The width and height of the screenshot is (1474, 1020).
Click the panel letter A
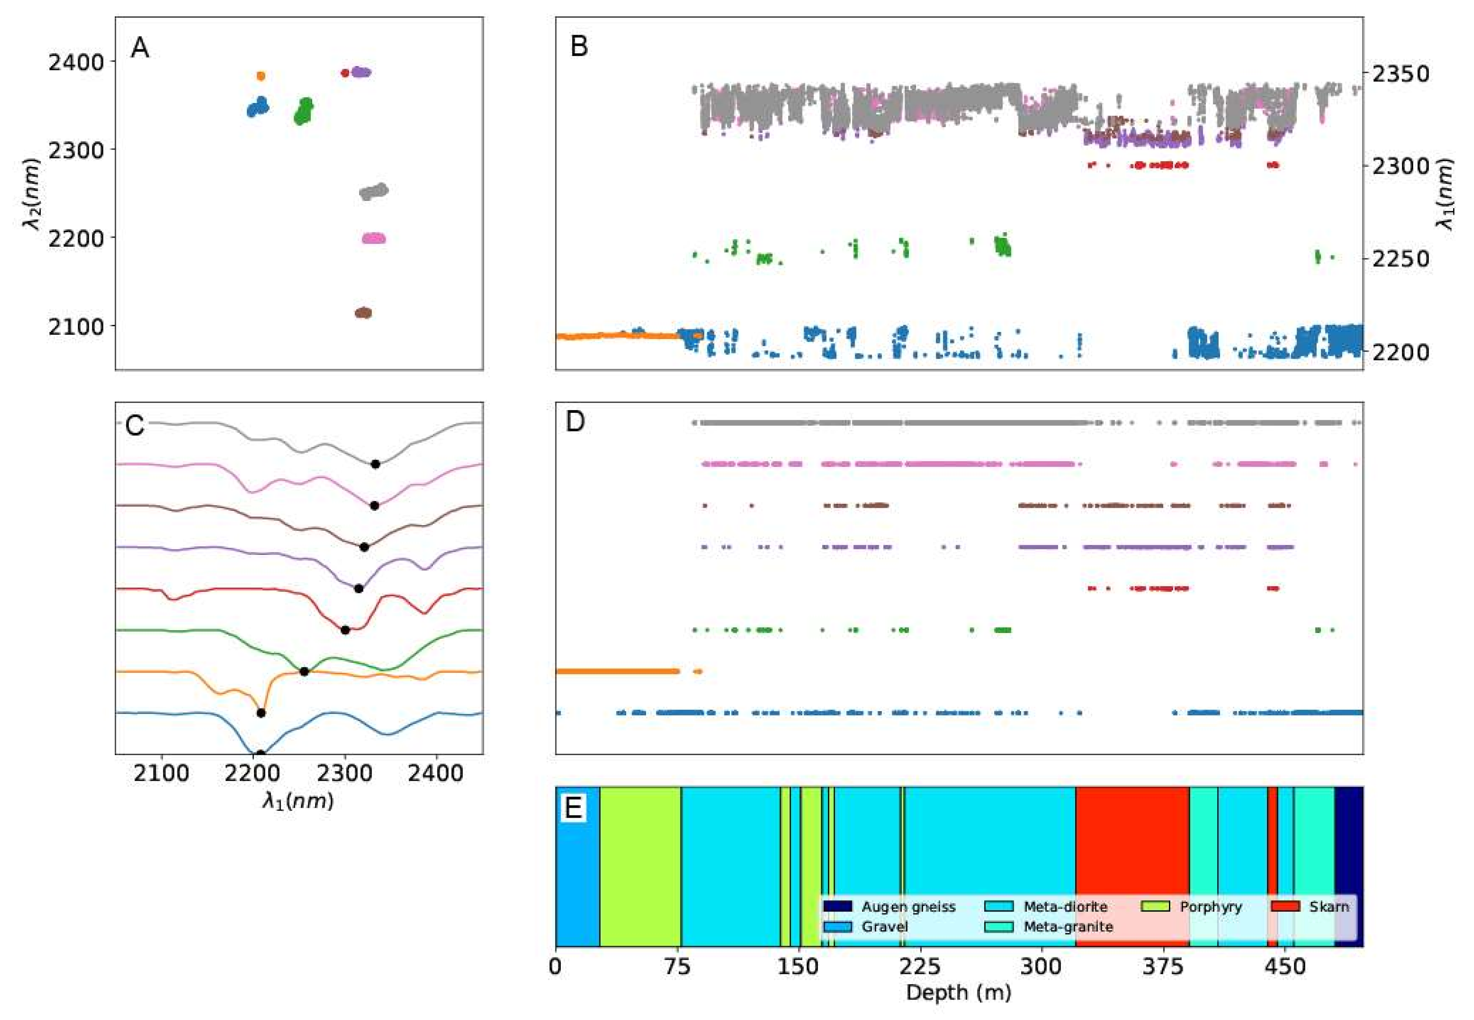click(x=139, y=48)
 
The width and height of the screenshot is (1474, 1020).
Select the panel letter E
click(x=573, y=808)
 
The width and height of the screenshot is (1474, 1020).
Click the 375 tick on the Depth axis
click(x=1163, y=966)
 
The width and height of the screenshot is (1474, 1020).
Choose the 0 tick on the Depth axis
click(x=555, y=966)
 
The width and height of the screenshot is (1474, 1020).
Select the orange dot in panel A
click(x=261, y=76)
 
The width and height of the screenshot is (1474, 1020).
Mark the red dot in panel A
click(x=345, y=73)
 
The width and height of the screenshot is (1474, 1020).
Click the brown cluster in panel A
click(x=363, y=312)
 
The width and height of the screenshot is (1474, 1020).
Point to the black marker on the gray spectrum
click(x=376, y=464)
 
